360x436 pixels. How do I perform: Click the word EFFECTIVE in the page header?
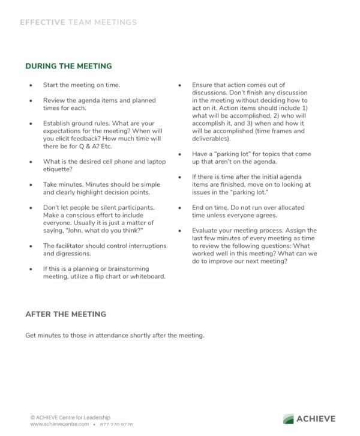(x=42, y=22)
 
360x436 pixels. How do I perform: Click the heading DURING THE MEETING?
(x=68, y=66)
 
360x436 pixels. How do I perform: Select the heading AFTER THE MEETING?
(x=65, y=314)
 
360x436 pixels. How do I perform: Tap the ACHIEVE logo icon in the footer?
(x=289, y=419)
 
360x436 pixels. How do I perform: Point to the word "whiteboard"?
(x=146, y=277)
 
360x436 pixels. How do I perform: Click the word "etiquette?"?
(x=59, y=169)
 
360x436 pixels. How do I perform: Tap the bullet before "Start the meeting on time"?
(x=31, y=85)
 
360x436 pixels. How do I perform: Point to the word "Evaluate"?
(x=206, y=231)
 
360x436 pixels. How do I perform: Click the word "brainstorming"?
(x=119, y=269)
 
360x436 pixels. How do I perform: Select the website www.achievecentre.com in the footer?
(x=58, y=425)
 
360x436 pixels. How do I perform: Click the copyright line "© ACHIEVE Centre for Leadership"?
(x=70, y=417)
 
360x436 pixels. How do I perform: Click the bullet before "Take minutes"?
(x=31, y=185)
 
